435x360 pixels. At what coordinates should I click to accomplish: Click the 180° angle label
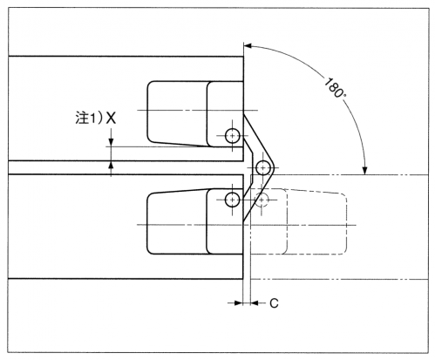(334, 88)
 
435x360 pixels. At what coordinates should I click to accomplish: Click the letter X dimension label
(111, 118)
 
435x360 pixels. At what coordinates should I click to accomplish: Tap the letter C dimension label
(274, 303)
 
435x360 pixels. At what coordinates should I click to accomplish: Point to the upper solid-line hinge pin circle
(233, 136)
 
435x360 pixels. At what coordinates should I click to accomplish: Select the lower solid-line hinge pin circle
(232, 200)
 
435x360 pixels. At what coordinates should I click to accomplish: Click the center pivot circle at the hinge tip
(263, 167)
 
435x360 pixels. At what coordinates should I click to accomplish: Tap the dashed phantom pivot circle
(262, 200)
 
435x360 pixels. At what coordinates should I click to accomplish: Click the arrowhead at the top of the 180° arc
(248, 45)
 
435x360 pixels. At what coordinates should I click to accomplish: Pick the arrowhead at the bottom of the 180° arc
(365, 171)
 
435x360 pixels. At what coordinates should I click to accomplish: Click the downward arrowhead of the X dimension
(111, 143)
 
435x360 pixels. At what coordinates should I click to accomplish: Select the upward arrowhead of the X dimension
(111, 165)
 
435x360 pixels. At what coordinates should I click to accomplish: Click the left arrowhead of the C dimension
(239, 303)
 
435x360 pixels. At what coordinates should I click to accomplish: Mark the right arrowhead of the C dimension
(254, 303)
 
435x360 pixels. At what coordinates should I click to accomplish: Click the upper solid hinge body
(195, 114)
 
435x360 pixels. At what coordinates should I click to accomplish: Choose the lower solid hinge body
(195, 221)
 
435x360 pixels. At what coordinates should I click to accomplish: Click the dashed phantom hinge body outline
(346, 224)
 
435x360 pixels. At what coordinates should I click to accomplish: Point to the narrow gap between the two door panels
(126, 167)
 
